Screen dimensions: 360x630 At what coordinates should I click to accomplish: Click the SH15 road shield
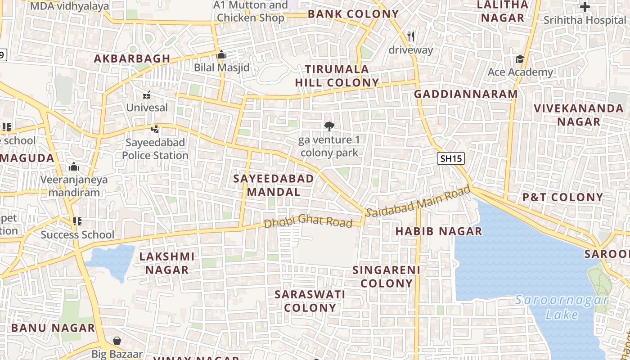pyautogui.click(x=451, y=158)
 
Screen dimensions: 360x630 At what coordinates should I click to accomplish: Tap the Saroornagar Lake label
pyautogui.click(x=562, y=307)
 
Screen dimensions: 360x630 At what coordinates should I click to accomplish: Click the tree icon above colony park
pyautogui.click(x=329, y=126)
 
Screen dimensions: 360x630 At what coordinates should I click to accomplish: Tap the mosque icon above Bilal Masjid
pyautogui.click(x=221, y=55)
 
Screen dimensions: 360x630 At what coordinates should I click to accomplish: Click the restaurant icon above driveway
pyautogui.click(x=410, y=36)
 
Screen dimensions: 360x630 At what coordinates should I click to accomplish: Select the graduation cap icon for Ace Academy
pyautogui.click(x=520, y=59)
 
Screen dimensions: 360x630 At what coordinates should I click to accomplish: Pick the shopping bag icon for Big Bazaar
pyautogui.click(x=117, y=341)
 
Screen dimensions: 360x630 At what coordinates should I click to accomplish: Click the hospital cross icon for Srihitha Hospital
pyautogui.click(x=585, y=7)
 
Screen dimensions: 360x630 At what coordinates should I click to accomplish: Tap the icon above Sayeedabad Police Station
pyautogui.click(x=155, y=129)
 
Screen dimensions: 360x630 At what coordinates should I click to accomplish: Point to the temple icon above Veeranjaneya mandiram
pyautogui.click(x=74, y=167)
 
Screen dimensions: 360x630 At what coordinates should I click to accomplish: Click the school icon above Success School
pyautogui.click(x=77, y=221)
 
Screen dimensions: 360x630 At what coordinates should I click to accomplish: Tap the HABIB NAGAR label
pyautogui.click(x=439, y=231)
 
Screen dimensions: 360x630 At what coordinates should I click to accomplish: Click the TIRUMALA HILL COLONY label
pyautogui.click(x=337, y=76)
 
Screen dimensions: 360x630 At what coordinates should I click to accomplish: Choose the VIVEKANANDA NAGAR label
pyautogui.click(x=579, y=115)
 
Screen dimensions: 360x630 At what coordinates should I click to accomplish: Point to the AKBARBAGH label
pyautogui.click(x=132, y=58)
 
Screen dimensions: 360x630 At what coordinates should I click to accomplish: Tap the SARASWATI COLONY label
pyautogui.click(x=310, y=301)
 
